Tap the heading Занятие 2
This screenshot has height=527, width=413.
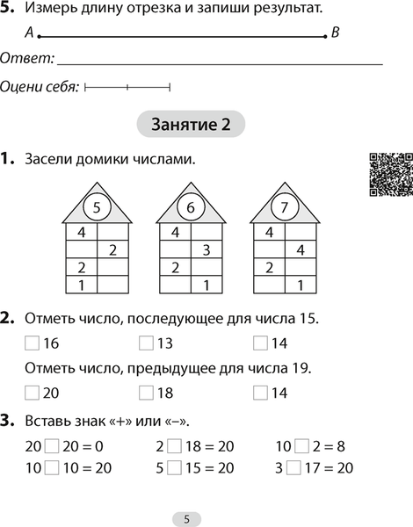point(192,125)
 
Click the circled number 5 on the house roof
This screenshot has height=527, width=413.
point(97,208)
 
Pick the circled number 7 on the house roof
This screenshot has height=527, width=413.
point(283,208)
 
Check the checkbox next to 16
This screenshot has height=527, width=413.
point(32,343)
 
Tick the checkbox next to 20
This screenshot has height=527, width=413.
point(32,393)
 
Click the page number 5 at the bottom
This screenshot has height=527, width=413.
point(186,518)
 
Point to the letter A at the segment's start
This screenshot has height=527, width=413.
point(29,33)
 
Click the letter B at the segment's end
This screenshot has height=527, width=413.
point(335,33)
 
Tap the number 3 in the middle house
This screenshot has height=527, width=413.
point(205,250)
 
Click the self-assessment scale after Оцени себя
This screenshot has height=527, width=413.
point(127,87)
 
